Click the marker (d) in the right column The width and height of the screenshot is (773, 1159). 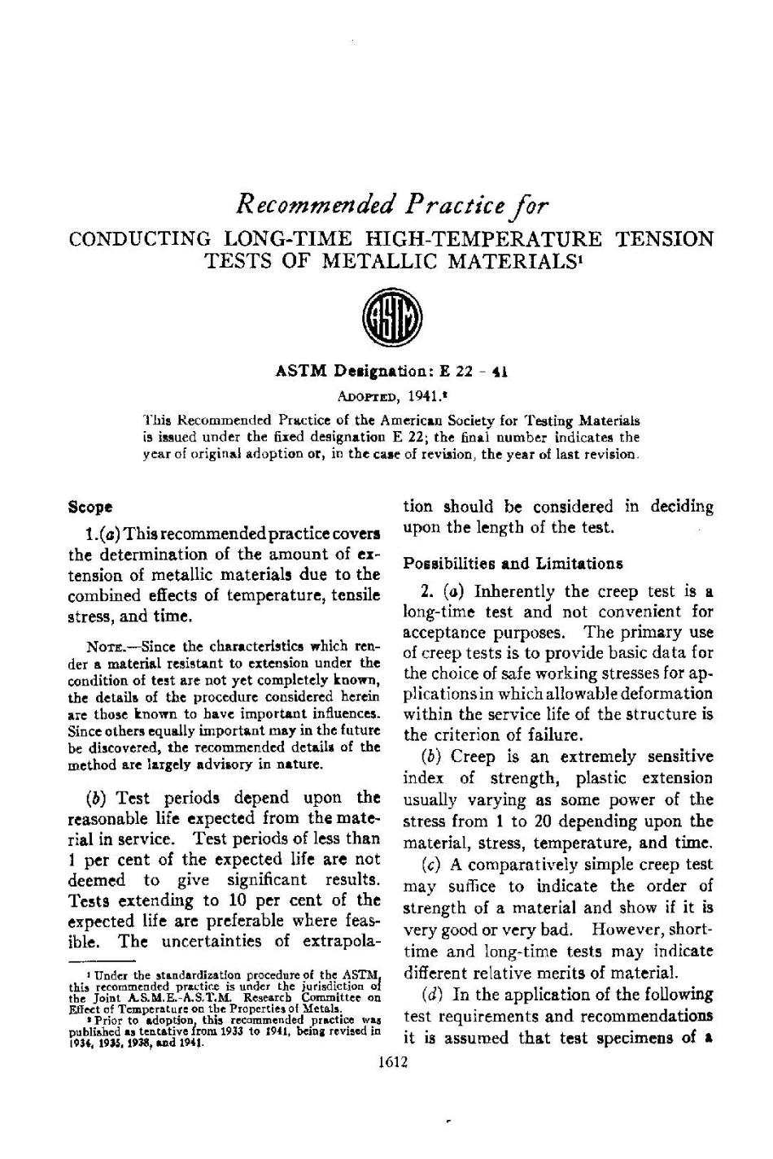433,995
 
